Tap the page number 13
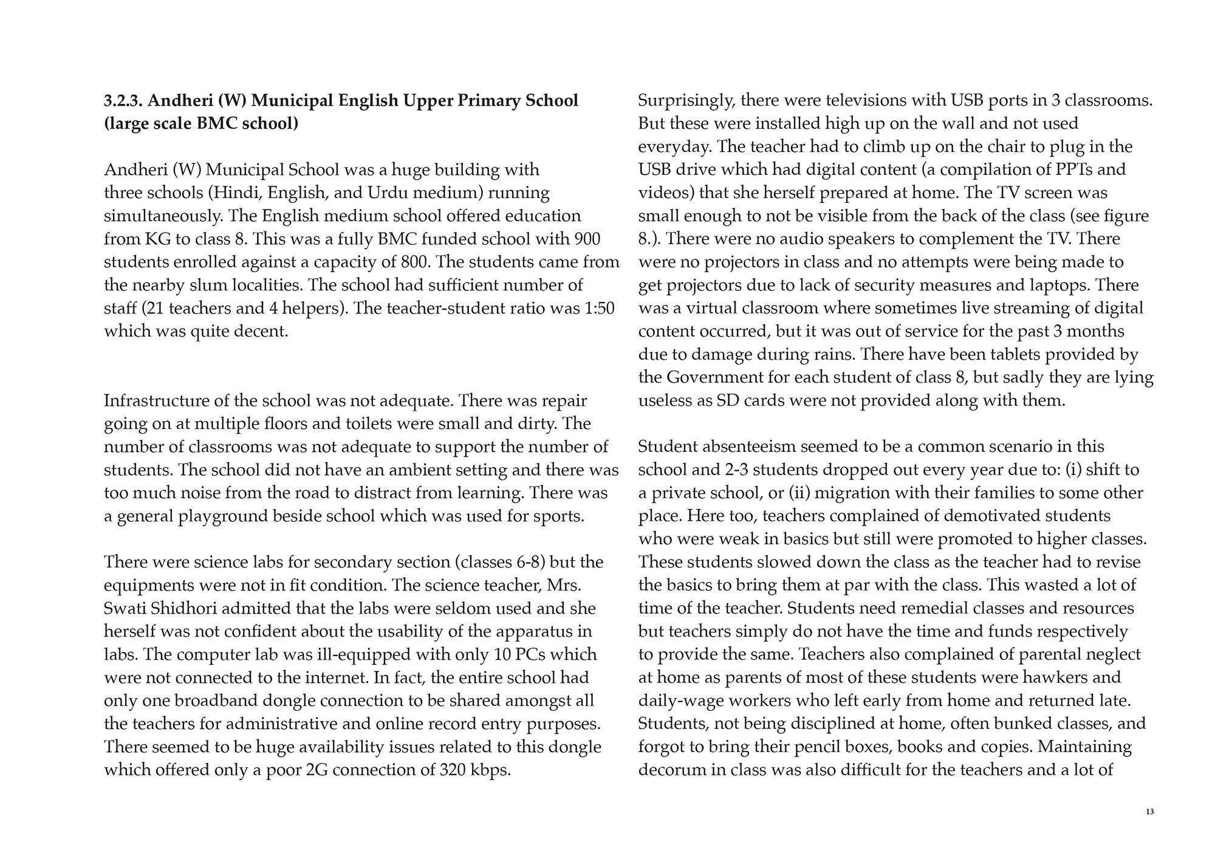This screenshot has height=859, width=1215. (1149, 812)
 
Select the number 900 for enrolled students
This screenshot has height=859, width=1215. (587, 239)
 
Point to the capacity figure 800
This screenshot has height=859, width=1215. (416, 262)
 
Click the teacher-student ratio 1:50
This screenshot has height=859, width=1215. (599, 309)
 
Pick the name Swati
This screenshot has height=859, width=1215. (126, 609)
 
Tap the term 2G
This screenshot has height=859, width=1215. (317, 770)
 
